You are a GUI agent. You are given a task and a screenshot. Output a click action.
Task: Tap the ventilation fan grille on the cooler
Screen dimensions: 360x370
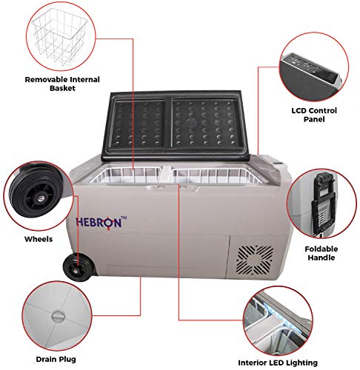[x=255, y=260]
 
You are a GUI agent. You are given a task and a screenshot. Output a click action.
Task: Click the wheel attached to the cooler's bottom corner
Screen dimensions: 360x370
[x=79, y=269]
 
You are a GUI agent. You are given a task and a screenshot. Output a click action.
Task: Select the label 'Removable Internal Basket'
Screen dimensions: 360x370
[x=62, y=84]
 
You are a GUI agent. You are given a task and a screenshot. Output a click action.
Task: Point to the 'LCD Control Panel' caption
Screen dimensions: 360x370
[x=314, y=115]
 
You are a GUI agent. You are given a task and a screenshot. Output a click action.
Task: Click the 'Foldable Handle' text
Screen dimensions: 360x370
[x=321, y=253]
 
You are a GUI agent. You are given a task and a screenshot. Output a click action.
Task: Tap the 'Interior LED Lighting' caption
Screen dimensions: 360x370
[x=278, y=363]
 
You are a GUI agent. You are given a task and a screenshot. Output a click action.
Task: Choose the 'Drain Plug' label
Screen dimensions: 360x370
[x=56, y=359]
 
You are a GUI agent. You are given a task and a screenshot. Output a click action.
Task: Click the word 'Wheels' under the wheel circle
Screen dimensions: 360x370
[x=39, y=239]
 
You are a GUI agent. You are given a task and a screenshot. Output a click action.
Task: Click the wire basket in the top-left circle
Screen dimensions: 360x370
[x=59, y=37]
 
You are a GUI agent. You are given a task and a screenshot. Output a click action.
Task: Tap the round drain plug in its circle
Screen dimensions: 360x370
[x=58, y=317]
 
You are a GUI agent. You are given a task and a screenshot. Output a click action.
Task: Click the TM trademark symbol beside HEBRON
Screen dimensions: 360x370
[x=124, y=218]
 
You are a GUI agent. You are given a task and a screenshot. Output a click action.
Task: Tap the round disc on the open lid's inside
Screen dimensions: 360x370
[x=190, y=122]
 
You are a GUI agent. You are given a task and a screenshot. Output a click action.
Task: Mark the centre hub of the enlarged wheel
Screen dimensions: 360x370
[x=40, y=197]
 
